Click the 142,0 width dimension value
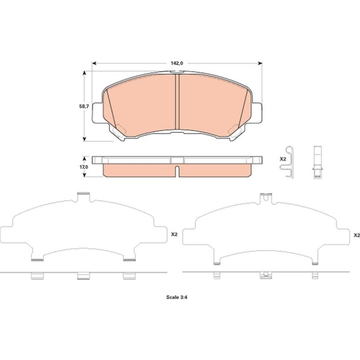click(177, 63)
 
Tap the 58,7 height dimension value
click(84, 107)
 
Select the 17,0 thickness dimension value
click(84, 167)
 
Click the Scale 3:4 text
click(177, 297)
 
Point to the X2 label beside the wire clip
click(283, 159)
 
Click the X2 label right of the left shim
click(174, 234)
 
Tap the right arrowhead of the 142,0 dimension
click(260, 63)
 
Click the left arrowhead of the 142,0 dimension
click(94, 63)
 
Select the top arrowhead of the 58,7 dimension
click(85, 73)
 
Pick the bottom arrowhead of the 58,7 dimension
click(85, 139)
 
